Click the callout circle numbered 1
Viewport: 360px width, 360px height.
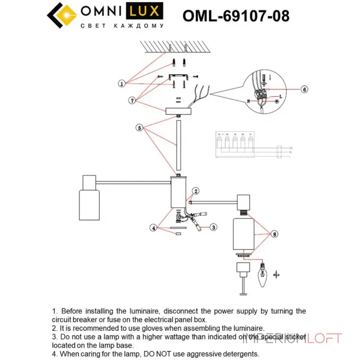[121, 84]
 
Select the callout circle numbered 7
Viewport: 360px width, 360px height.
[132, 101]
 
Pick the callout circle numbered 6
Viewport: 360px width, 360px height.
[304, 90]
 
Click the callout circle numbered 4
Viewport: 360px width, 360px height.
[154, 228]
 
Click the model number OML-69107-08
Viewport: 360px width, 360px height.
[236, 16]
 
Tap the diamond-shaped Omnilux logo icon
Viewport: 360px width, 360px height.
[62, 15]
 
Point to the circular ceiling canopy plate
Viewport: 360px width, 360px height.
[179, 111]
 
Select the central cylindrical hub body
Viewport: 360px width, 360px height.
[179, 193]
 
